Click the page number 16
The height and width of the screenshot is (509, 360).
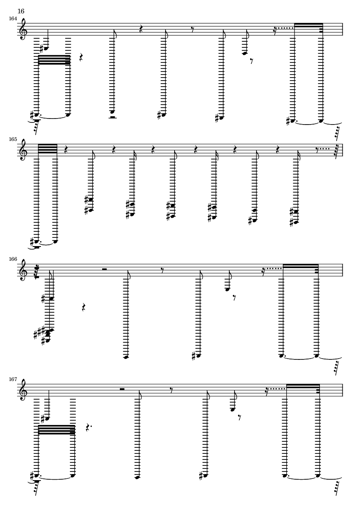pos(21,11)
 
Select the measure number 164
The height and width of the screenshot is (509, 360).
pos(13,19)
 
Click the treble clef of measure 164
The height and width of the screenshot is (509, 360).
pos(23,29)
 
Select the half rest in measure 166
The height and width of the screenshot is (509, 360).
pos(104,269)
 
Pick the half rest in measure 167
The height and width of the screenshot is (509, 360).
pos(123,389)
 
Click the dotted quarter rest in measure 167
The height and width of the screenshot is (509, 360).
pos(88,428)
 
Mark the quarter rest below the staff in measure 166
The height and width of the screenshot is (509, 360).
pos(84,307)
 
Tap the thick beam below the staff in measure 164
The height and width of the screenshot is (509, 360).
pos(54,60)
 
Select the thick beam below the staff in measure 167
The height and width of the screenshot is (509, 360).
pos(56,430)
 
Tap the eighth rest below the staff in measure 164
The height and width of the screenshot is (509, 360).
pos(252,61)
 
